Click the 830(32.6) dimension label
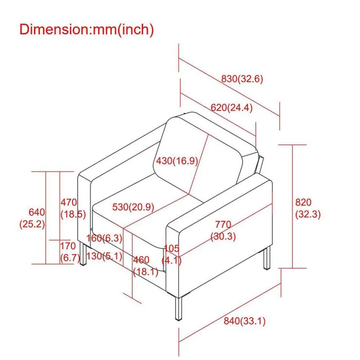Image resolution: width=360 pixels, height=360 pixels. (242, 79)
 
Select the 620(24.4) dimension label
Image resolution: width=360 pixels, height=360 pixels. (232, 108)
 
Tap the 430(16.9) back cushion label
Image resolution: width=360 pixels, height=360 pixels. (177, 161)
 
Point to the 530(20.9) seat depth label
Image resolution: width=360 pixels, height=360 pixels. (133, 207)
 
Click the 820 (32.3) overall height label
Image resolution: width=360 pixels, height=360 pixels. (308, 208)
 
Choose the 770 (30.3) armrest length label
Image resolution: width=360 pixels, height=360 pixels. (223, 230)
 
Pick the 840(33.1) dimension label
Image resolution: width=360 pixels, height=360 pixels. (245, 321)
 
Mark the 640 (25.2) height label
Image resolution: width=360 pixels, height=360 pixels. (32, 218)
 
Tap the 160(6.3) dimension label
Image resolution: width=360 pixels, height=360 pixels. (104, 238)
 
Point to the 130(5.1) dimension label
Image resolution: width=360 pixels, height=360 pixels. (104, 255)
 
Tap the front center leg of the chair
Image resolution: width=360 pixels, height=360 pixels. (178, 308)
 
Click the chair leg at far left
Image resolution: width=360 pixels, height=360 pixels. (82, 254)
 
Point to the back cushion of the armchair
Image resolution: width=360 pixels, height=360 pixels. (199, 153)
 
